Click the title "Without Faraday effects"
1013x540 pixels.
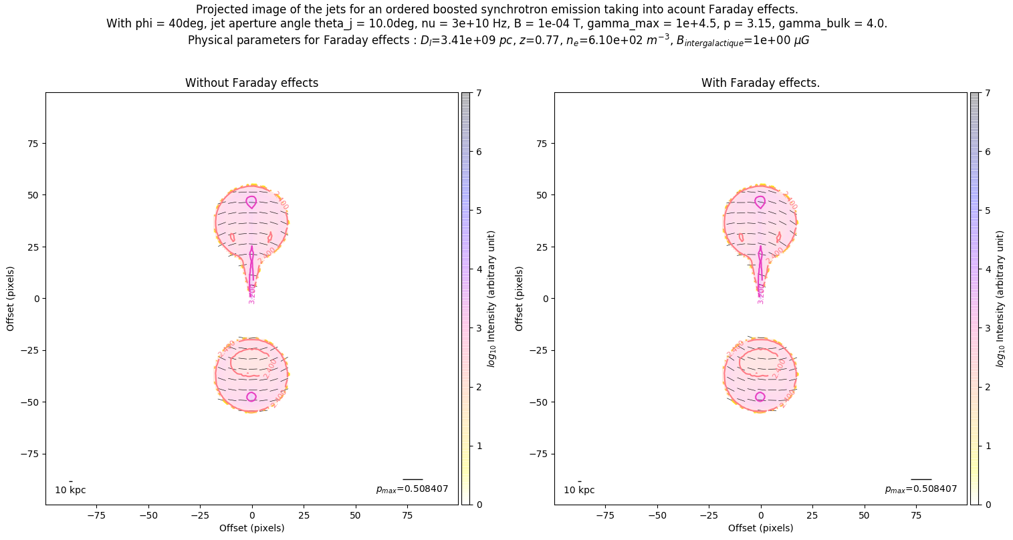tap(251, 83)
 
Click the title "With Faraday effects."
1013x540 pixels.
tap(760, 83)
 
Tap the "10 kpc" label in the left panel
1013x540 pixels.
tap(70, 490)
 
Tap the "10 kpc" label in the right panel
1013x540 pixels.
tap(579, 490)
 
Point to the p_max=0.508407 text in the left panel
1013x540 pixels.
tap(412, 489)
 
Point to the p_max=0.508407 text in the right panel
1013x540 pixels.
tap(921, 489)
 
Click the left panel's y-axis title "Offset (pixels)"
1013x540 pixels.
tap(11, 298)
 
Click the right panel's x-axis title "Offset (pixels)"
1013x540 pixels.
tap(760, 528)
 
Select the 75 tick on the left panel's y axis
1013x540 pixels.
tap(31, 144)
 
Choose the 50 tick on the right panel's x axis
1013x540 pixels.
tap(864, 515)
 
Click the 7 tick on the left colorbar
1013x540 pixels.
tap(479, 94)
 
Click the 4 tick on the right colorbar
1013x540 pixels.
tap(988, 269)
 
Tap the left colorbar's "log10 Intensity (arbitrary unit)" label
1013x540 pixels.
tap(491, 298)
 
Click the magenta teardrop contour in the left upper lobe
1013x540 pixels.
tap(251, 202)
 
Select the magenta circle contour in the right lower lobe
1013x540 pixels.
tap(760, 397)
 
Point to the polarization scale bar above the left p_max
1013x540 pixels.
tap(413, 479)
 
